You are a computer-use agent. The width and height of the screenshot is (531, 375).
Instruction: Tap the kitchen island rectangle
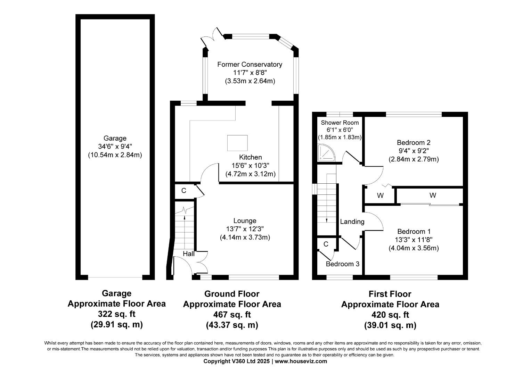coord(237,143)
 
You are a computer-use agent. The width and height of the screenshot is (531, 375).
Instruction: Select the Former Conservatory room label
coord(250,64)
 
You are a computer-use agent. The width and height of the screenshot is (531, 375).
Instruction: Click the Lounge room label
coord(245,220)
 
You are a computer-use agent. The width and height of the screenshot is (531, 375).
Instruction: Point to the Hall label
coord(189,254)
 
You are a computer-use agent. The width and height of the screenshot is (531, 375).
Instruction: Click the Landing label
coord(352,222)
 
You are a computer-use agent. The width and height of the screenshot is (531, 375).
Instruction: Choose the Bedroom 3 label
coord(342,264)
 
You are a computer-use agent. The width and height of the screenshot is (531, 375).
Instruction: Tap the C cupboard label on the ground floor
coord(184,191)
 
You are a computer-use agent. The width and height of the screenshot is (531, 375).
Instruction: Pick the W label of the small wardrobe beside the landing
coord(380,196)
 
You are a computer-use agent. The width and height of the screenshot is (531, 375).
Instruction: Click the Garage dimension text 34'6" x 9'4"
coord(115,147)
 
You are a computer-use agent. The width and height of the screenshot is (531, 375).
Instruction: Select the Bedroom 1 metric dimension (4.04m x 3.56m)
coord(414,248)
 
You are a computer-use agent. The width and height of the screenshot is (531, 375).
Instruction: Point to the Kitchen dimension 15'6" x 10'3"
coord(250,166)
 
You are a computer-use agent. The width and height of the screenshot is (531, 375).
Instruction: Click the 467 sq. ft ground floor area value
coord(232,315)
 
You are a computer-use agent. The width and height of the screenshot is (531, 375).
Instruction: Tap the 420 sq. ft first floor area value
coord(390,315)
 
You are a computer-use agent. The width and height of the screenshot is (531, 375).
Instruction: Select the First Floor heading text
coord(390,294)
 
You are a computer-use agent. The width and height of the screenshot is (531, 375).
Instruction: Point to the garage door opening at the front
coord(115,277)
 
